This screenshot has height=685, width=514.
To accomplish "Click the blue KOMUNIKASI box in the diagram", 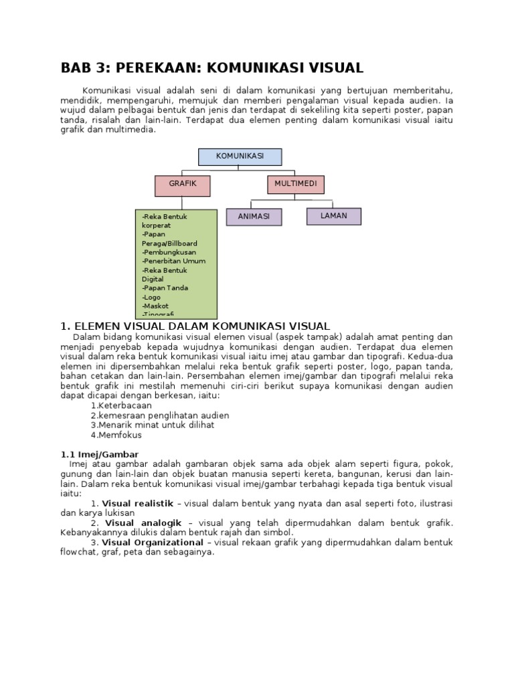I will point(240,157).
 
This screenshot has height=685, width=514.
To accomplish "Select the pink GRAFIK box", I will point(182,185).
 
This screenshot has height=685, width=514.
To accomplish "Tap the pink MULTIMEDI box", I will point(295,184).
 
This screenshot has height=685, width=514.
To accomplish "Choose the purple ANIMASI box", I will point(254,217).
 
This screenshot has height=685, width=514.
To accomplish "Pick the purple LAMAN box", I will point(333,216).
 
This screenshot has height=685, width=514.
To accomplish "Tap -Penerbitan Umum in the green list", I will point(173,262).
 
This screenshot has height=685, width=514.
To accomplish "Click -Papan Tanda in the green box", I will point(165,288).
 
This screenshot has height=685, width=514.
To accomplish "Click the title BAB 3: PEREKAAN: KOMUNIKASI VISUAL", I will point(211,68).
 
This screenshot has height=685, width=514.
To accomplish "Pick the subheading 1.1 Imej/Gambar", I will point(100,454).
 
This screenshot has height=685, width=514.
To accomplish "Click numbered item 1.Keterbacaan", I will point(121,405).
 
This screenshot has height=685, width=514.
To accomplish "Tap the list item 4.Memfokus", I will point(116,435).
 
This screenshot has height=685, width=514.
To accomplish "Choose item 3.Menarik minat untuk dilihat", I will point(153,425).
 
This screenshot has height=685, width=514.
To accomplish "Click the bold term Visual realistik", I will point(137,503).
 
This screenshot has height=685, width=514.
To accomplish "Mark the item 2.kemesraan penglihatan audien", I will point(159,415).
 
